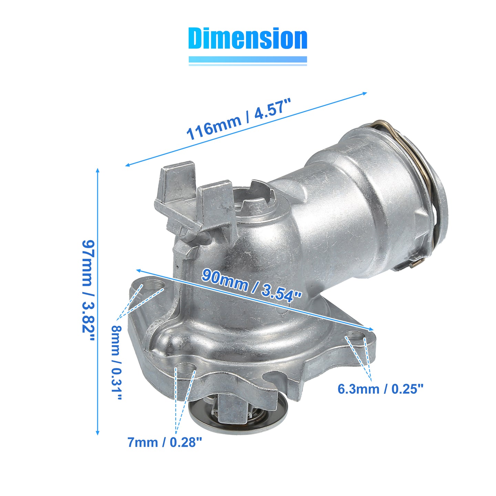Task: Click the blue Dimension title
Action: tap(248, 38)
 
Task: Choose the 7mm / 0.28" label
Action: tap(165, 443)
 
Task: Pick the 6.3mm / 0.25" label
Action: tap(380, 389)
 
